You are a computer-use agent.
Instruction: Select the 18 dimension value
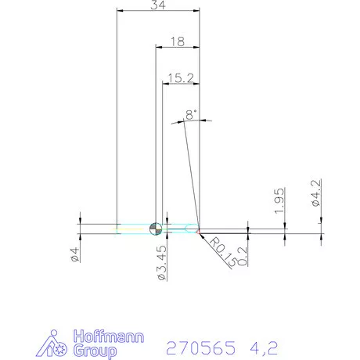click(177, 42)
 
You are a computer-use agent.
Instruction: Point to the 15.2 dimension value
click(179, 77)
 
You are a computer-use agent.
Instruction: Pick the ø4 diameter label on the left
click(75, 254)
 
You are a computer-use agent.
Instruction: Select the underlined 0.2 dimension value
click(243, 255)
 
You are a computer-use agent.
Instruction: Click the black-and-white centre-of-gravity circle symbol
click(156, 229)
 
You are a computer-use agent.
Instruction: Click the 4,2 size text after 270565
click(263, 347)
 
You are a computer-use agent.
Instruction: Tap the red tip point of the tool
click(200, 234)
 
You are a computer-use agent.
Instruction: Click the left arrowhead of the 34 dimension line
click(120, 10)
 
